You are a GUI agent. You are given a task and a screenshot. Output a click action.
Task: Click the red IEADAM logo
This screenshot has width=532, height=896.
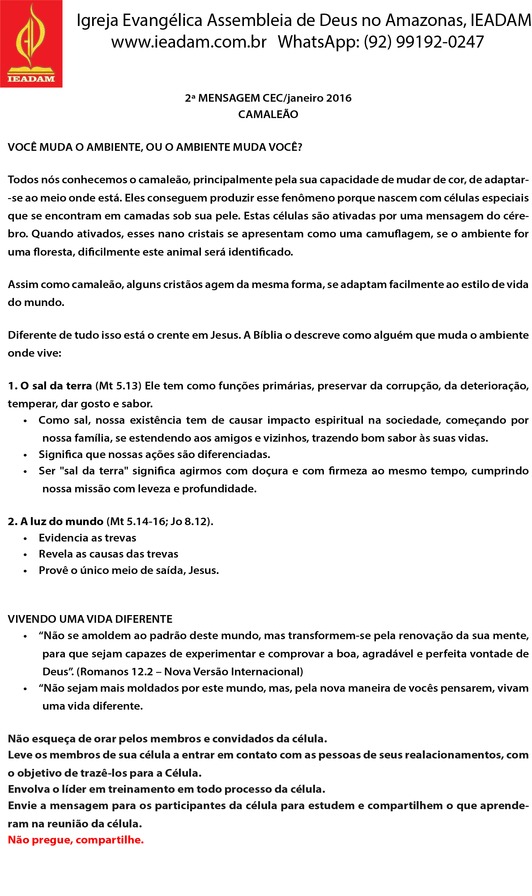click(31, 44)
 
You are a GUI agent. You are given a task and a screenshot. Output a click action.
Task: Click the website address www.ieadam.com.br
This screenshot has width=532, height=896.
click(189, 42)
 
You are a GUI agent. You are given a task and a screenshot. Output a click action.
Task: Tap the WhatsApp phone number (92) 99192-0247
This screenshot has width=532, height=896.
click(424, 42)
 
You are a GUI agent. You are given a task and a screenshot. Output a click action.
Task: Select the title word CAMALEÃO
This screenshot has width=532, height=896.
click(268, 114)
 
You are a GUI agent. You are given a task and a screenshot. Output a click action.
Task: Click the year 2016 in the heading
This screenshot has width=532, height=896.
click(339, 98)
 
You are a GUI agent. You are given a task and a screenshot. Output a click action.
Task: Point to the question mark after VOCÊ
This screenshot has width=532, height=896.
click(300, 147)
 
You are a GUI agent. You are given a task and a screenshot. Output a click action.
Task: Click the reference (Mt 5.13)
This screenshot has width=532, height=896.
click(118, 386)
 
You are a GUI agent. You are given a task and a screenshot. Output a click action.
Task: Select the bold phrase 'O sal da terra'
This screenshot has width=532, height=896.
click(56, 386)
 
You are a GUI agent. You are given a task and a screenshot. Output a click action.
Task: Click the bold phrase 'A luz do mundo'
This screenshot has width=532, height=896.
click(62, 521)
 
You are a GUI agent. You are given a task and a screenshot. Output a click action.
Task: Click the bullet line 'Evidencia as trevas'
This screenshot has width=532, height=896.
click(87, 538)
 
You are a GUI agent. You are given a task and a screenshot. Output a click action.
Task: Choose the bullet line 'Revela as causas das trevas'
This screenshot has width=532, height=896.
click(108, 554)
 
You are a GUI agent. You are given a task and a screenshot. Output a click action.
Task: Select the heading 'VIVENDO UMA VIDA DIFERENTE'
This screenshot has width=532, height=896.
click(90, 619)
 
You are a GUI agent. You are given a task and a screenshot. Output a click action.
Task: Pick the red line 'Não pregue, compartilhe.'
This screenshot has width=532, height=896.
click(76, 840)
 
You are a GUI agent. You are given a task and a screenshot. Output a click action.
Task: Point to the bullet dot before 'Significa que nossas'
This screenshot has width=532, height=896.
click(25, 455)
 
